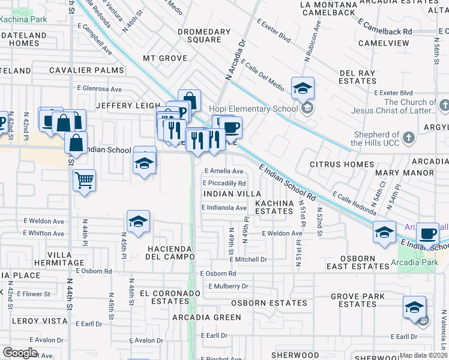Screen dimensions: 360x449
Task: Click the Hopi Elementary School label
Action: pyautogui.click(x=253, y=109)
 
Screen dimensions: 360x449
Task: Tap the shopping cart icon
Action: pyautogui.click(x=84, y=179)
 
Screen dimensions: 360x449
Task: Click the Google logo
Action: pyautogui.click(x=20, y=353)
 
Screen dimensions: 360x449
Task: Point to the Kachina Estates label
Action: pyautogui.click(x=274, y=208)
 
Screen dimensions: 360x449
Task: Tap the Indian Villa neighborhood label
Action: pyautogui.click(x=232, y=194)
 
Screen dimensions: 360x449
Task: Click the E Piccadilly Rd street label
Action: pyautogui.click(x=224, y=183)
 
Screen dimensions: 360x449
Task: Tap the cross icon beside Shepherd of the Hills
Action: pyautogui.click(x=409, y=138)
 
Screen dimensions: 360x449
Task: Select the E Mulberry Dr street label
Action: pyautogui.click(x=224, y=286)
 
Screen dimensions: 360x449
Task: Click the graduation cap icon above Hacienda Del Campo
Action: pyautogui.click(x=138, y=221)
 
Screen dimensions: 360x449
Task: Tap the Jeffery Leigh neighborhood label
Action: pyautogui.click(x=129, y=105)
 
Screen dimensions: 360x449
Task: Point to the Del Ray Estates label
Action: pyautogui.click(x=358, y=77)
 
